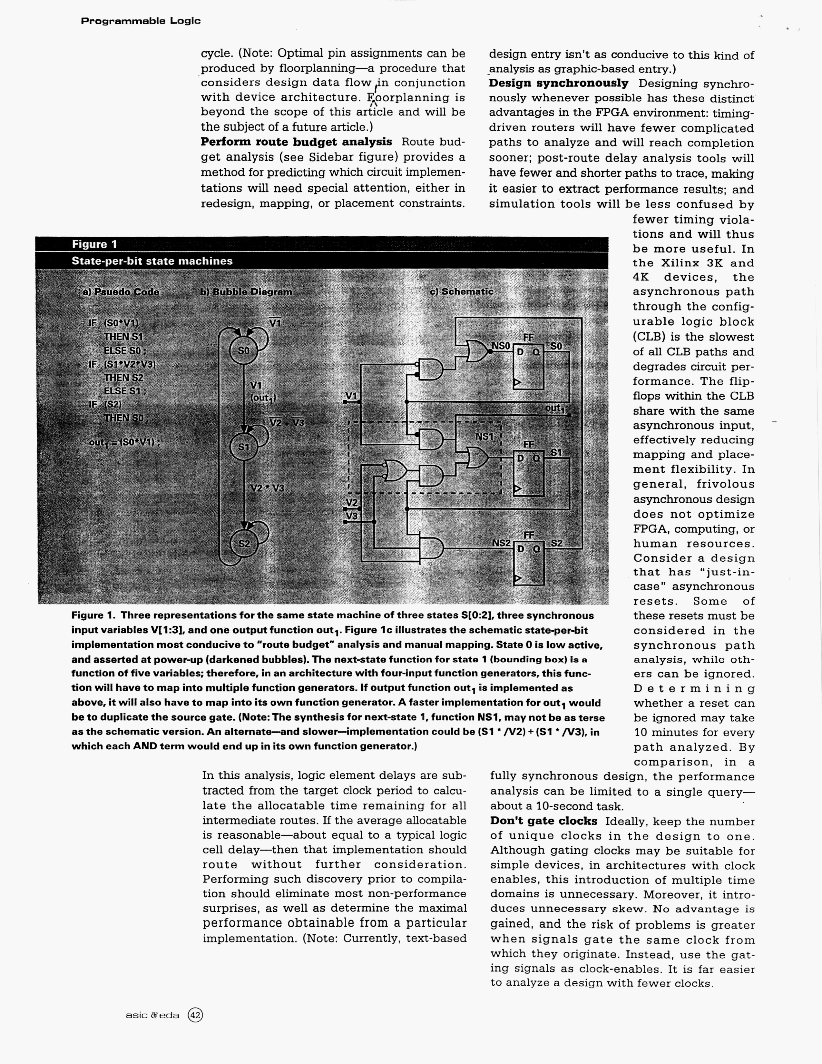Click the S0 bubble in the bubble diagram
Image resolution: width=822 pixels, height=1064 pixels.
click(x=243, y=351)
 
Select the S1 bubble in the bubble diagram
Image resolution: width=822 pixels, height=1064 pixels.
click(x=243, y=446)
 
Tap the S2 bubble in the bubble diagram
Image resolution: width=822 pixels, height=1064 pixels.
click(x=243, y=543)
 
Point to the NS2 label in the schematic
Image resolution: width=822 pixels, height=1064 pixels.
click(x=501, y=543)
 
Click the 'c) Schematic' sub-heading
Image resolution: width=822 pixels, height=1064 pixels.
click(x=461, y=291)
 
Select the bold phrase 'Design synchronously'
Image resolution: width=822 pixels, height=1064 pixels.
click(x=558, y=83)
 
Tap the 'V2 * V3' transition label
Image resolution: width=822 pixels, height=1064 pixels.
click(x=267, y=488)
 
